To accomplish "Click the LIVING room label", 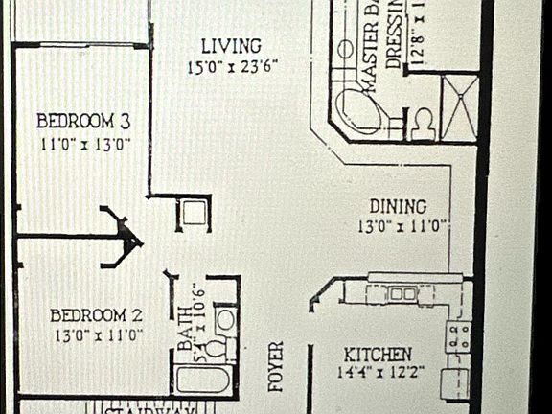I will pos(230,46).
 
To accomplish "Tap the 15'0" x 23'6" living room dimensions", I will pos(234,67).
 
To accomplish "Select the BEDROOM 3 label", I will pos(83,122).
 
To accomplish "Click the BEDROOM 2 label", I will pos(96,314).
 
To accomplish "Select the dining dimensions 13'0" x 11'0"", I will pos(403,227).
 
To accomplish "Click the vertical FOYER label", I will pos(276,366).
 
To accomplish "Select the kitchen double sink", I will pos(402,293).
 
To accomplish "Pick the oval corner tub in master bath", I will pos(365,111).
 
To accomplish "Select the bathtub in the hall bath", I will pos(205,380).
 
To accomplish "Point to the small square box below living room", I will pos(195,214).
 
